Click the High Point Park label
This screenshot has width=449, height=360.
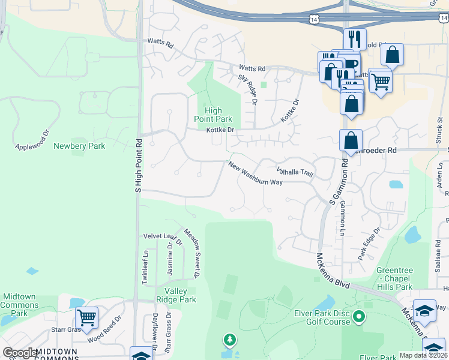click(x=213, y=115)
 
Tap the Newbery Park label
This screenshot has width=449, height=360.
click(x=79, y=146)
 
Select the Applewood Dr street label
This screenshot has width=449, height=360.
click(x=31, y=139)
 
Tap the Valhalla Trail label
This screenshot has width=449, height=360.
click(x=295, y=172)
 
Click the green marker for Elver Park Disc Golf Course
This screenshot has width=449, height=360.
click(x=359, y=316)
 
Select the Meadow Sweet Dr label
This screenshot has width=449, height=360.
click(x=191, y=253)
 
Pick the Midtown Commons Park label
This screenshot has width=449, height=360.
click(x=20, y=305)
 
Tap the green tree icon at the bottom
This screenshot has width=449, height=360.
click(x=229, y=341)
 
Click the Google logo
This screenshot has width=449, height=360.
click(x=19, y=353)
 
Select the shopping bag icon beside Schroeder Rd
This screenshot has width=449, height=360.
click(x=351, y=142)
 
